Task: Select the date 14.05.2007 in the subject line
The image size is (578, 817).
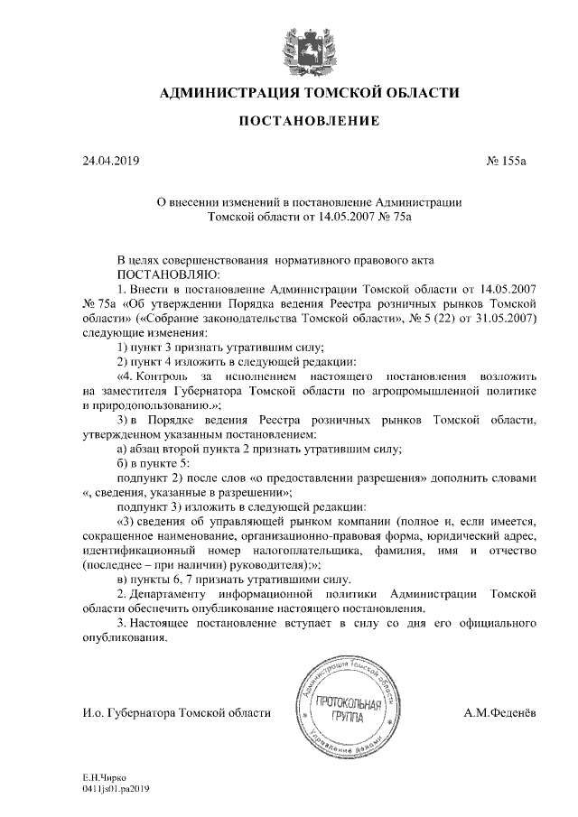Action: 340,217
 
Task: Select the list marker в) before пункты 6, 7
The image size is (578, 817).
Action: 124,580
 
